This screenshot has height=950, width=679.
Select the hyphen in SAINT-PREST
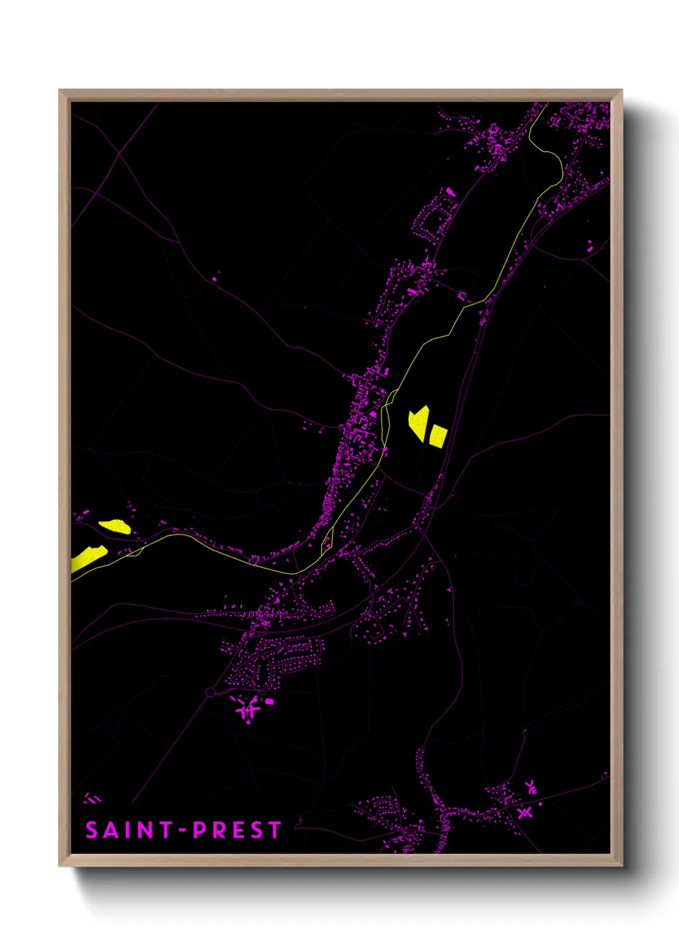182,831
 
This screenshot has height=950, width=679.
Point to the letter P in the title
200,831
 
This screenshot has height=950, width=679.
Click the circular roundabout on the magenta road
211,692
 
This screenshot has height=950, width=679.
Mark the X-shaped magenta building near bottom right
525,813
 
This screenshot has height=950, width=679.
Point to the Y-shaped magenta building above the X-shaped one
531,788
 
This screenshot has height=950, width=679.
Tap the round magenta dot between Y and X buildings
540,804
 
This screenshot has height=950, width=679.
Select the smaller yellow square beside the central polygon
438,436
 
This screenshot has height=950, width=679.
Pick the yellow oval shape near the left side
115,526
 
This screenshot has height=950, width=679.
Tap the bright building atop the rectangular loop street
450,192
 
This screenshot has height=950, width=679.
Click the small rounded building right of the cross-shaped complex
269,702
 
